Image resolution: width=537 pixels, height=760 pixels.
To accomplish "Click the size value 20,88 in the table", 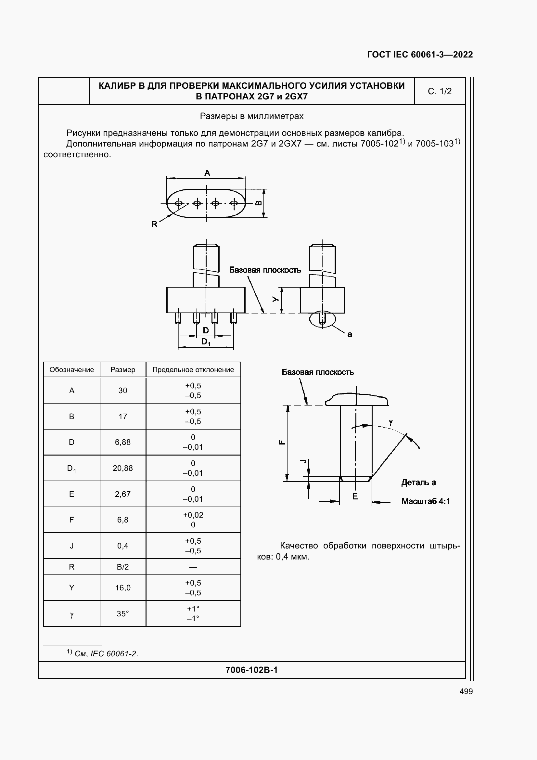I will pos(122,468).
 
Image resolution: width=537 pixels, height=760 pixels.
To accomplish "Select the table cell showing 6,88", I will pos(122,442).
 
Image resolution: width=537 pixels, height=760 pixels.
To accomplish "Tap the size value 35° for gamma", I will pos(122,614).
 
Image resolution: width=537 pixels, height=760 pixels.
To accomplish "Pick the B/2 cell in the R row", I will pos(122,567).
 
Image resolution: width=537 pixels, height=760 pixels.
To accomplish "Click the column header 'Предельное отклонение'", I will pos(193,370).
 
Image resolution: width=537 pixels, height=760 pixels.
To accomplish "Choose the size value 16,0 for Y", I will pos(122,588).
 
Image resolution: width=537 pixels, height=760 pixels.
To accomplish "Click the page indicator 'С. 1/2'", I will pos(440,91).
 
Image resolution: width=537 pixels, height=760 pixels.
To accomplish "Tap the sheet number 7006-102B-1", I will pos(251,670).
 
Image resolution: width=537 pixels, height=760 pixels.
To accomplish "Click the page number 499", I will pos(466,691).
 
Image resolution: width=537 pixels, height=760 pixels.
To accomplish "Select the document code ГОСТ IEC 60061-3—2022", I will pos(420,55).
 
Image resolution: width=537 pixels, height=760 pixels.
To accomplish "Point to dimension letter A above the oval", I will pos(207,173).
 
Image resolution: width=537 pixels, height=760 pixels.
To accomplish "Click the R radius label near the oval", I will pos(154,224).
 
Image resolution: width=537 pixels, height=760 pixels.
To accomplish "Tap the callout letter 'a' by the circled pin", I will pos(350,335).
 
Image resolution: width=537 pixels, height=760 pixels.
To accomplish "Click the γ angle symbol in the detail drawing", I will pos(391,422).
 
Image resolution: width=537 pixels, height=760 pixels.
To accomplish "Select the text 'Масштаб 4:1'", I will pos(426,501).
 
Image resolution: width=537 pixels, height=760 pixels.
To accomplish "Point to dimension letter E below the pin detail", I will pos(355,496).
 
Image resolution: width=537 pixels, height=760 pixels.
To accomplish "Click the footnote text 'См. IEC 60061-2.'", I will pos(106,654).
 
